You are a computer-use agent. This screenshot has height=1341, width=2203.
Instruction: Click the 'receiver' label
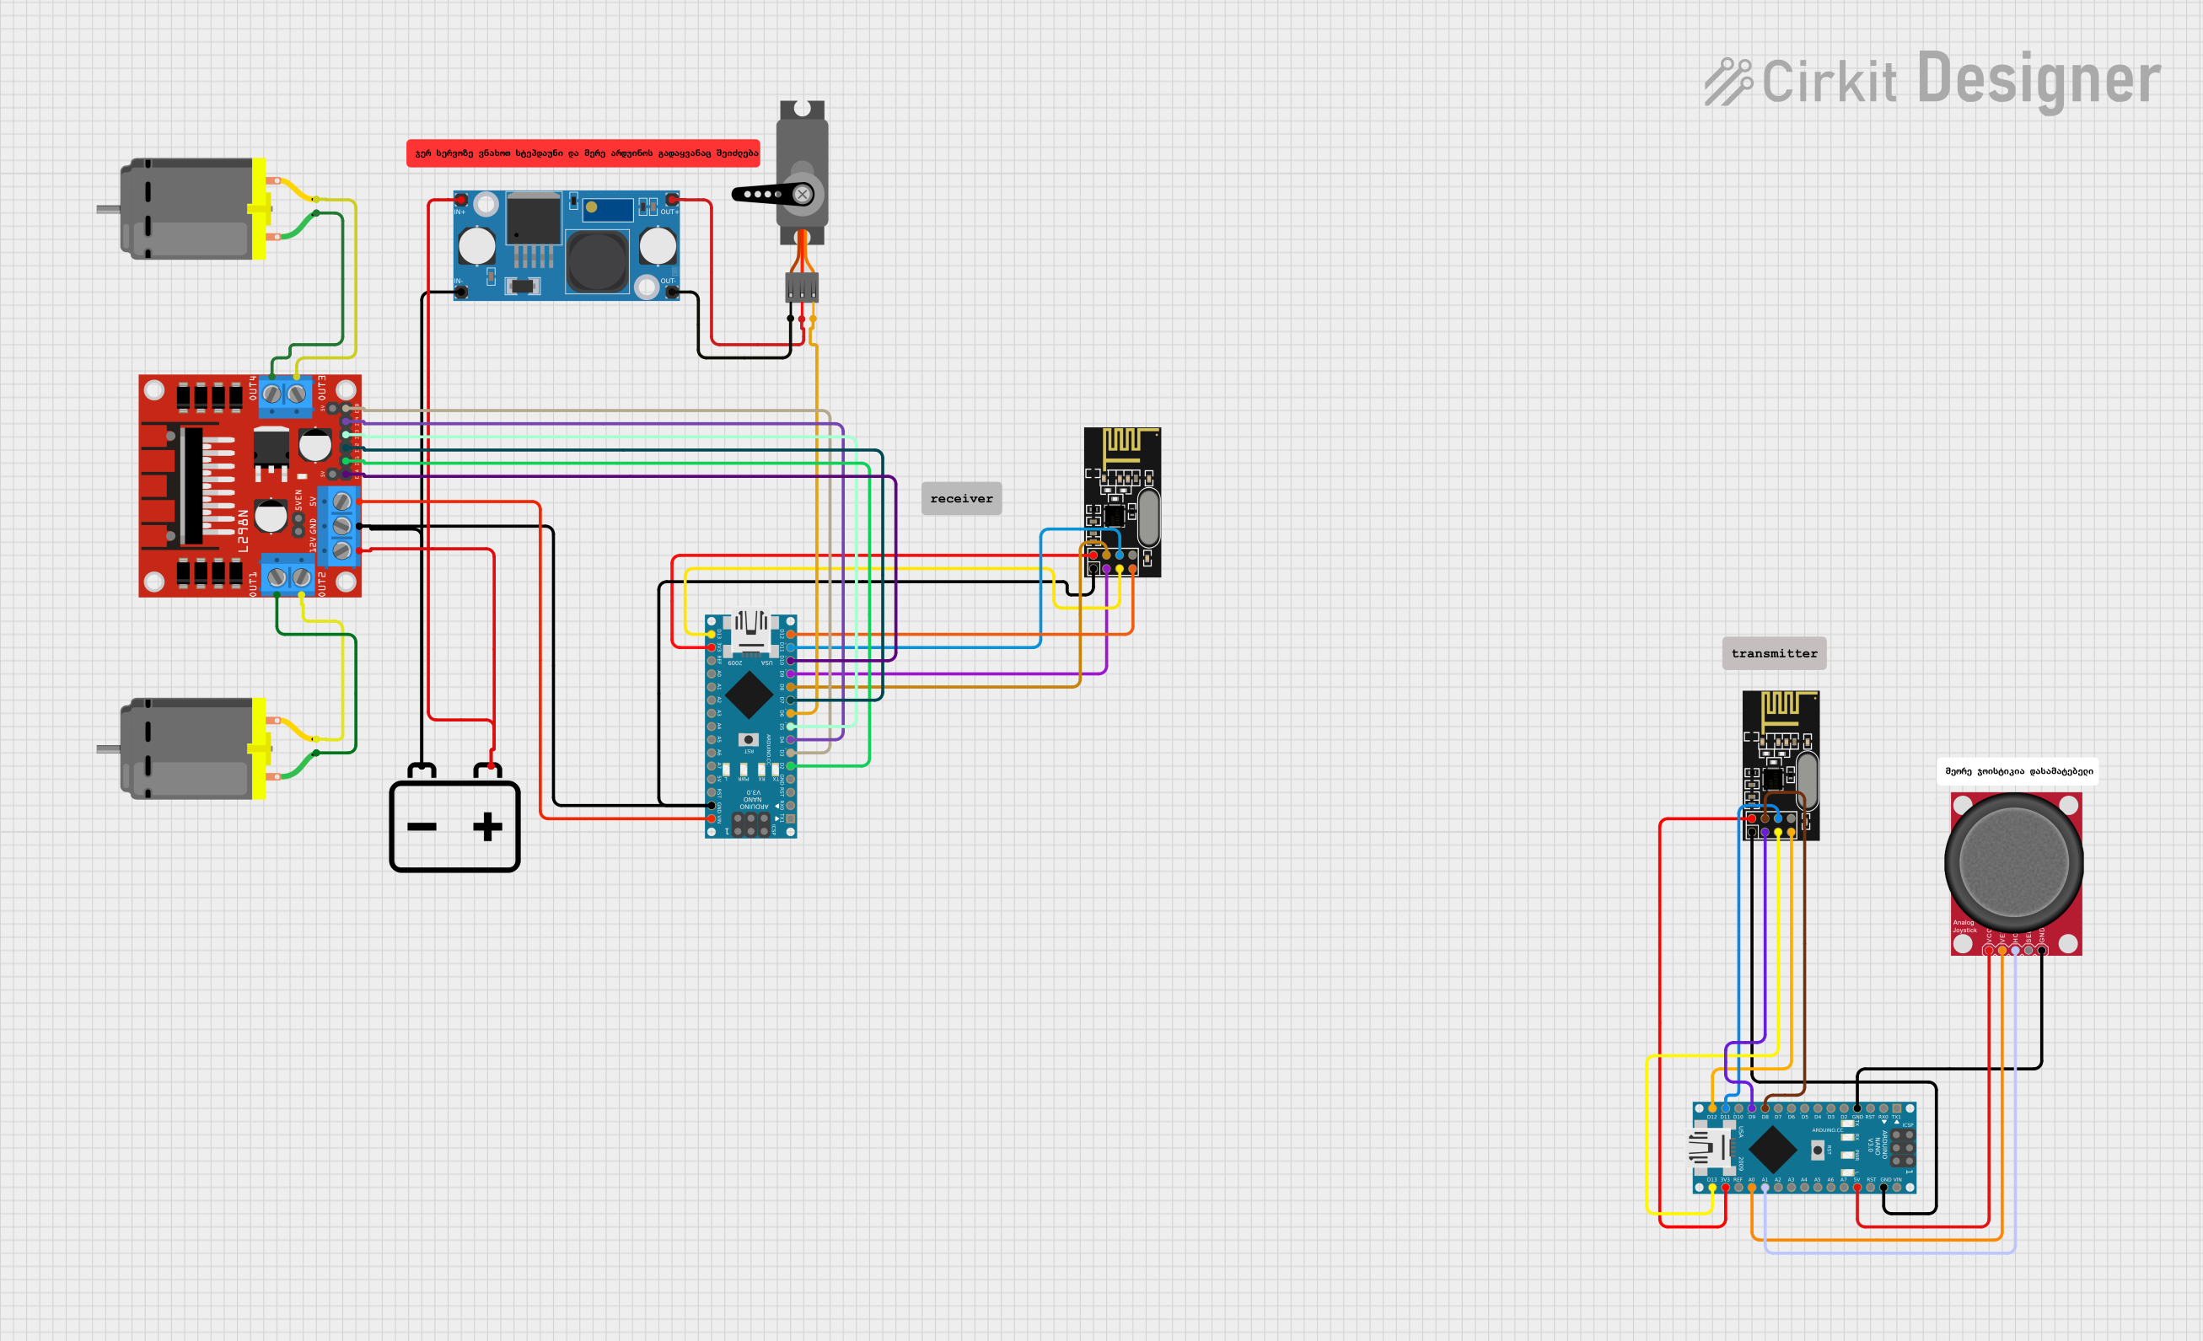(x=961, y=499)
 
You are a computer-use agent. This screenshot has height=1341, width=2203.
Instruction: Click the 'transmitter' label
(x=1774, y=653)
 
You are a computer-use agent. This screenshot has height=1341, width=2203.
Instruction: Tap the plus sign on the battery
(x=487, y=827)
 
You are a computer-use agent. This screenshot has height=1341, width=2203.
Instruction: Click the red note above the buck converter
(x=583, y=153)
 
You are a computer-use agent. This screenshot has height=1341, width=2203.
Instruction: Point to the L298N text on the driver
(x=242, y=531)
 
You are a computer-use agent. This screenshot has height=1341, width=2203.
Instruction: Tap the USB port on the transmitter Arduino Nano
(x=1709, y=1148)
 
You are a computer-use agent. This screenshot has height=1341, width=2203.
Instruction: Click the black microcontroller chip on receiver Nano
(x=750, y=694)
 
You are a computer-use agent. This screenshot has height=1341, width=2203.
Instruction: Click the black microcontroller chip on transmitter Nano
(x=1772, y=1149)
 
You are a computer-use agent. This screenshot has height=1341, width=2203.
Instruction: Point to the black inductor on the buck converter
(x=596, y=261)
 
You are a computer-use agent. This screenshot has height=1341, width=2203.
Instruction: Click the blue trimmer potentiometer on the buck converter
(x=608, y=210)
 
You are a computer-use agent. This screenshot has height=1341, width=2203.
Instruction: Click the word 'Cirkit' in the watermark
(x=1830, y=83)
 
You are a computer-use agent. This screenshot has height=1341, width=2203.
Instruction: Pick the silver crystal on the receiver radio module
(x=1149, y=517)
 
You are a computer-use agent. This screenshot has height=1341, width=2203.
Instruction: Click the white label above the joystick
(x=2018, y=771)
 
